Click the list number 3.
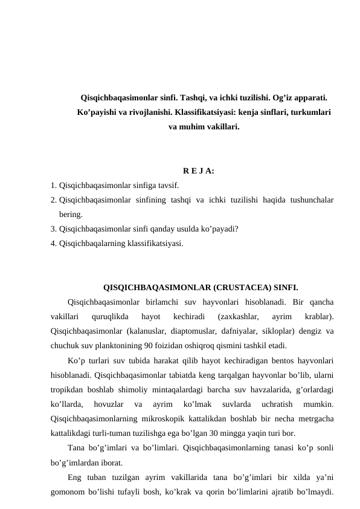tap(54, 229)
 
